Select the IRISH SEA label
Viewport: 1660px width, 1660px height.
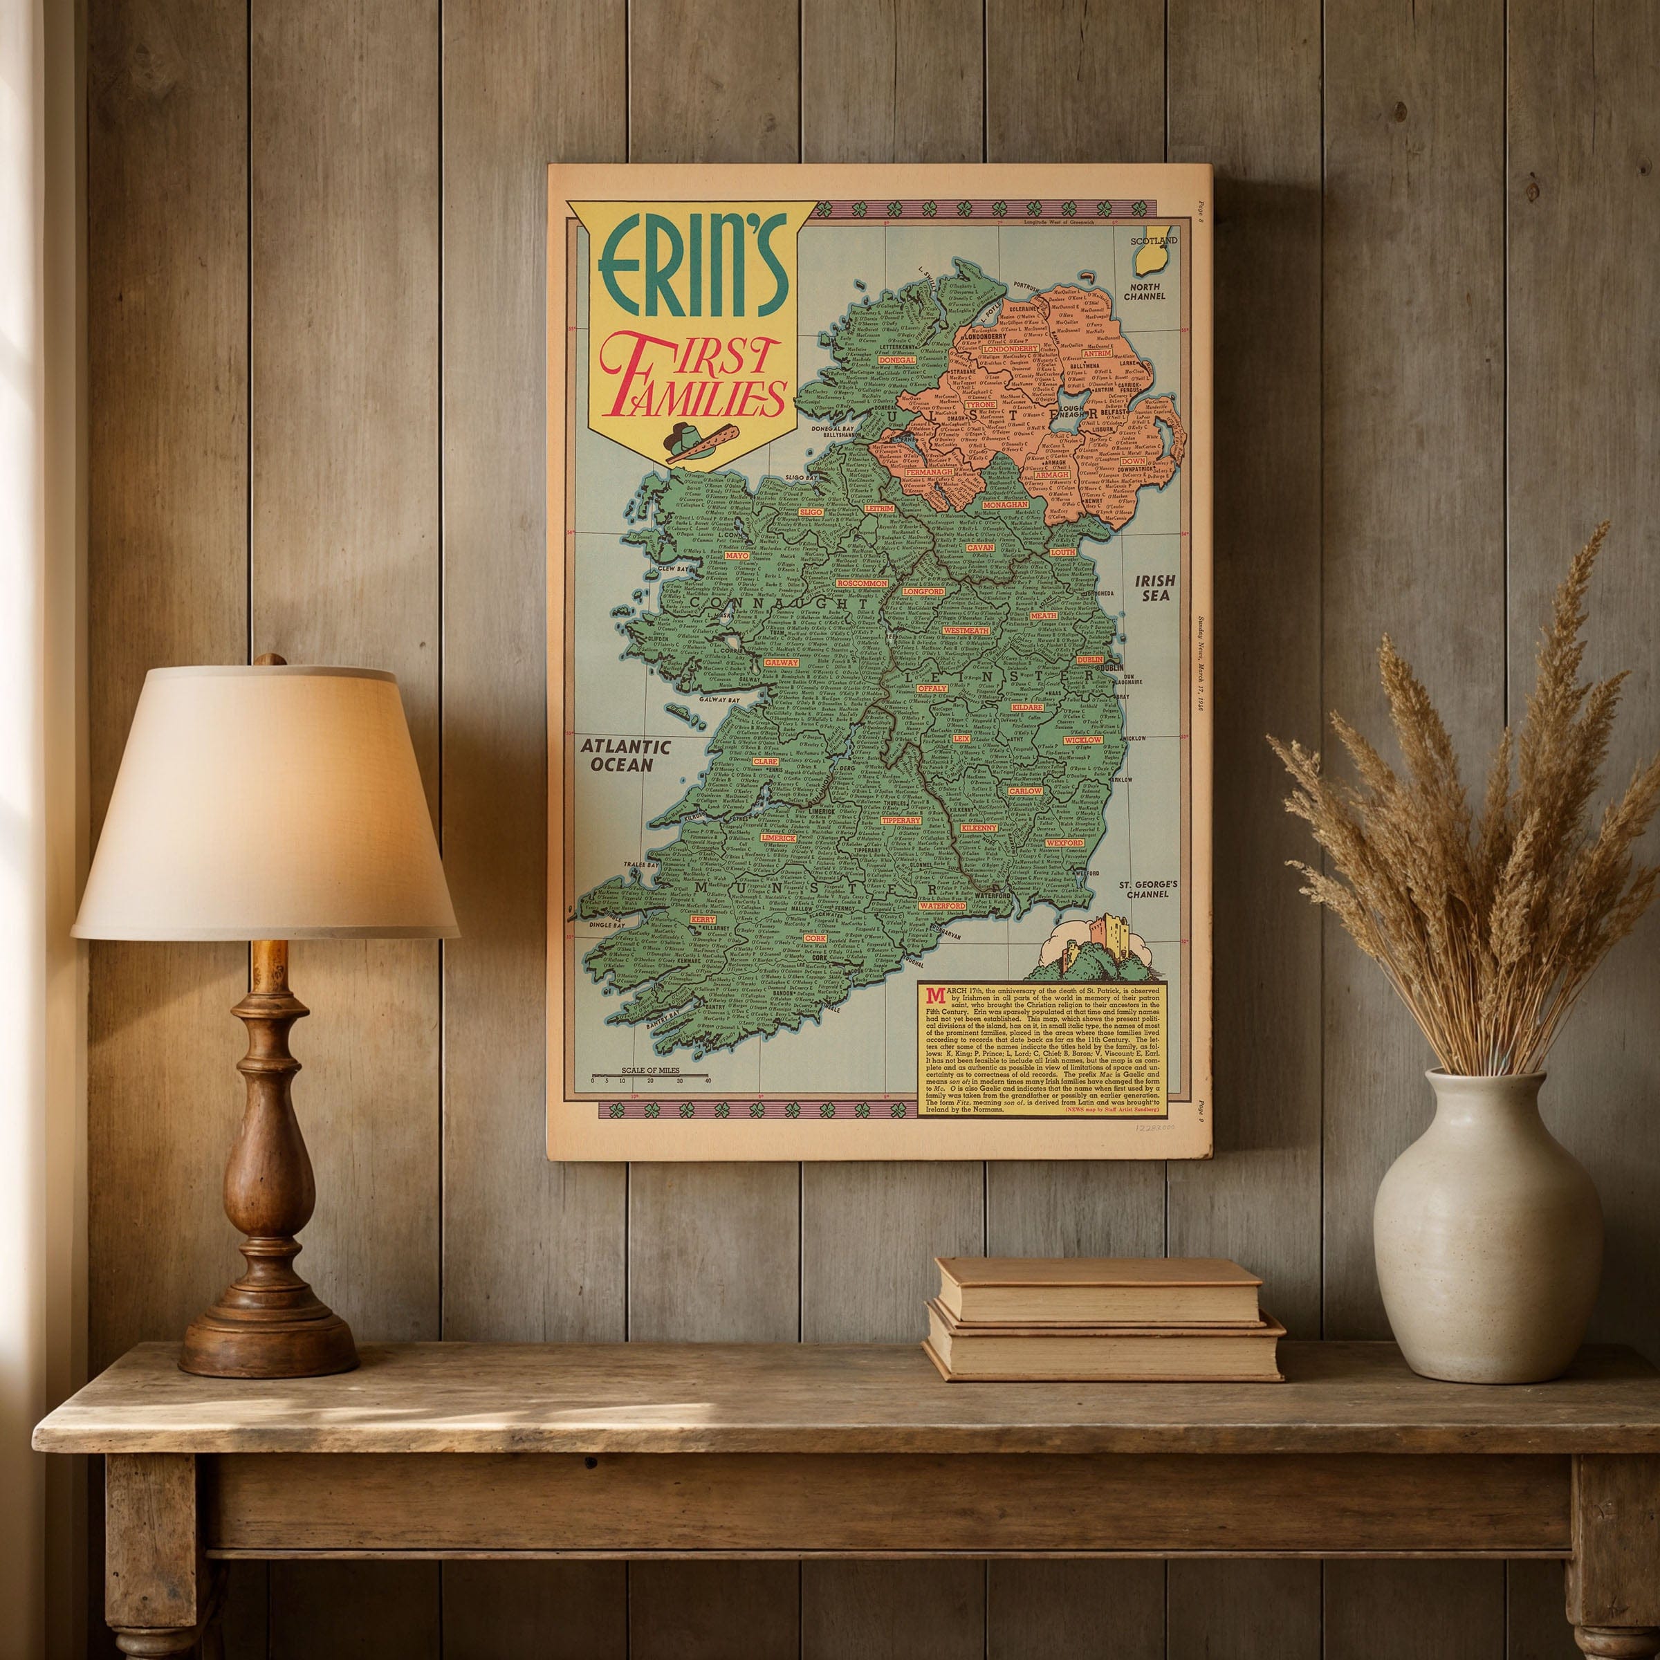coord(1156,588)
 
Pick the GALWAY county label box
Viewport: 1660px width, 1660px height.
coord(780,663)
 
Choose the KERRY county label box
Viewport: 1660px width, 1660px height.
coord(702,919)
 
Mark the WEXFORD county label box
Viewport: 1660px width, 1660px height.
coord(1064,843)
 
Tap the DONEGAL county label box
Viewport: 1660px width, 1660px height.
coord(896,361)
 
